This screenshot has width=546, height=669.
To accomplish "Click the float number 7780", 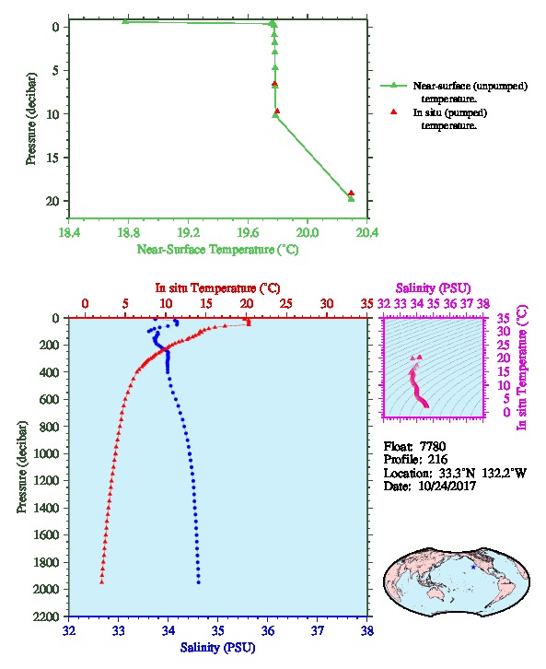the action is coord(433,446).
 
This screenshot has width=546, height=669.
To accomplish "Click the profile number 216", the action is coord(437,459).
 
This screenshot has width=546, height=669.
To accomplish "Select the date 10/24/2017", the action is coord(447,486).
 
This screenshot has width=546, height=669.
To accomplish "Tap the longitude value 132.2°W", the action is coord(505,473).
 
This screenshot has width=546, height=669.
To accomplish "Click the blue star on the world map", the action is coord(473,567).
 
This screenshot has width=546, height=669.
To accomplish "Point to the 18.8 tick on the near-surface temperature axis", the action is coord(128,232).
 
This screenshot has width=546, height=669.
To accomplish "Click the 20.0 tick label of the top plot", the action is coord(308,232).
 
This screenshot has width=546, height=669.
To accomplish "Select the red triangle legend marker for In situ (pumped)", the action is coord(394,111).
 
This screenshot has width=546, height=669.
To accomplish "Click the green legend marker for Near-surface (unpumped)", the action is coord(394,86).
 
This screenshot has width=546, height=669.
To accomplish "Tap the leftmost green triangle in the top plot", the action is coord(125,21).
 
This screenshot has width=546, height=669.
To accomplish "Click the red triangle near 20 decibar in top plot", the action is coord(351,193).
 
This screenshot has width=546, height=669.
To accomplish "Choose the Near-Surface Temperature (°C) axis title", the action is coord(217,249).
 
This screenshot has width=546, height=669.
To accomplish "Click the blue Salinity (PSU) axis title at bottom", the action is coord(217,647).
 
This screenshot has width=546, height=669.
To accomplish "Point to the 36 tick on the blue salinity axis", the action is coord(268,630).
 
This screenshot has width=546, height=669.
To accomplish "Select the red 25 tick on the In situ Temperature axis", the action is coord(286,304).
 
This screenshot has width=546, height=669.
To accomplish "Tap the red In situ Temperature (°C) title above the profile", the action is coord(217,288).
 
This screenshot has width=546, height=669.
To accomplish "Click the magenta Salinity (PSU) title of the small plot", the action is coord(433,288).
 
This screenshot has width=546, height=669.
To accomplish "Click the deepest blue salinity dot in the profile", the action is coord(198,582).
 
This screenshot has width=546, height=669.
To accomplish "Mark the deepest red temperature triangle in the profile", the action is coord(101,581).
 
